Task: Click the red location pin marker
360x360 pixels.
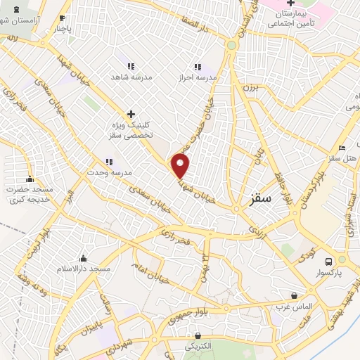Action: pos(181,165)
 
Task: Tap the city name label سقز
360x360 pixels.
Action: pos(260,200)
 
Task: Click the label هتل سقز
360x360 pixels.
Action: pos(344,159)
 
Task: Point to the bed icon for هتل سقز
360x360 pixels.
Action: pos(342,148)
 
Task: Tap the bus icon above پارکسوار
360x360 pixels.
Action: pos(342,259)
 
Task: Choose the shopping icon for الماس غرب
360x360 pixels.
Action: pos(294,295)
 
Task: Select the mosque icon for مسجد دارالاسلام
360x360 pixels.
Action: pos(84,258)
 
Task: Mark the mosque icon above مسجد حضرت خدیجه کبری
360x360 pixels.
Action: pos(30,179)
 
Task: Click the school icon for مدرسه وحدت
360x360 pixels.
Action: pos(109,162)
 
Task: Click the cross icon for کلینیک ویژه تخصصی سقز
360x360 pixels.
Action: pos(131,113)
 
